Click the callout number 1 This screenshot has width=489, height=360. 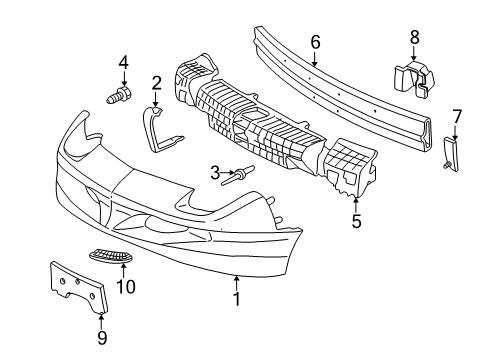click(x=236, y=297)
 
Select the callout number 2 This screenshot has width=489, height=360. click(x=156, y=82)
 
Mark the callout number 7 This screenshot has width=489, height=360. click(x=456, y=117)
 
